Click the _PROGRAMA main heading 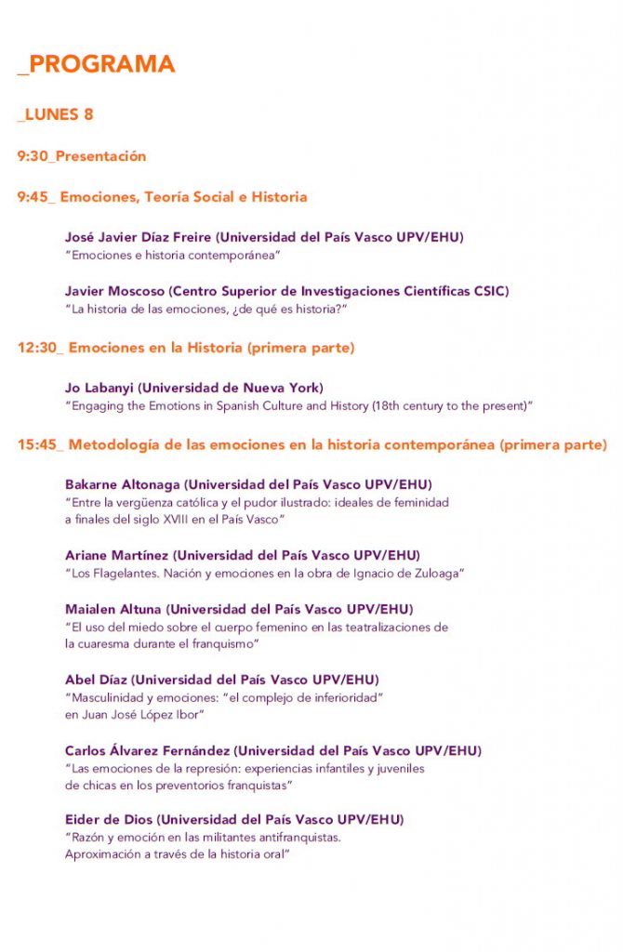pos(96,64)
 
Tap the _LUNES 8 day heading pos(55,114)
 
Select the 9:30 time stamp pos(33,156)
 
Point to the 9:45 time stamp pos(33,197)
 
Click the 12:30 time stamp pos(38,348)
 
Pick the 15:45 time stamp pos(38,445)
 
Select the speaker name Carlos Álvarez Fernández pos(148,750)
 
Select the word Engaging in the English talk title pos(98,405)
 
